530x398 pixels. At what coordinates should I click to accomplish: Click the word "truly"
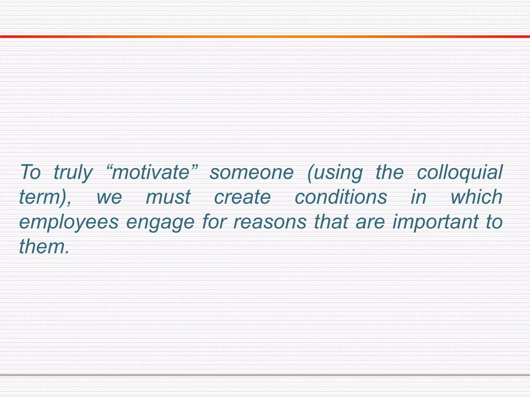tap(73, 173)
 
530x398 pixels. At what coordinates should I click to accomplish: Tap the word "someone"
tap(252, 172)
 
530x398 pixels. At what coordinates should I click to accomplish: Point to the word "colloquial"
tap(460, 172)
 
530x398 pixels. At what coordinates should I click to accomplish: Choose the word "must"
tap(168, 197)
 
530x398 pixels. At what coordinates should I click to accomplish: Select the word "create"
tap(242, 197)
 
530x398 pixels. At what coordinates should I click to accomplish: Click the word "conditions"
tap(341, 197)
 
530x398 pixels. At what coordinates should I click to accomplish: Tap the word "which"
tap(476, 197)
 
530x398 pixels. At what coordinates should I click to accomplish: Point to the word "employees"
tap(69, 222)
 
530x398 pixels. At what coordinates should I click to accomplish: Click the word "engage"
tap(160, 222)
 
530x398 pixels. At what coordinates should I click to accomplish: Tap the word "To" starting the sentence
tap(30, 172)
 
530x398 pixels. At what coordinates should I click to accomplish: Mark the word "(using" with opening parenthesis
tap(335, 173)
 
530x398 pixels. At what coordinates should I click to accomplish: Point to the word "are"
tap(370, 222)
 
